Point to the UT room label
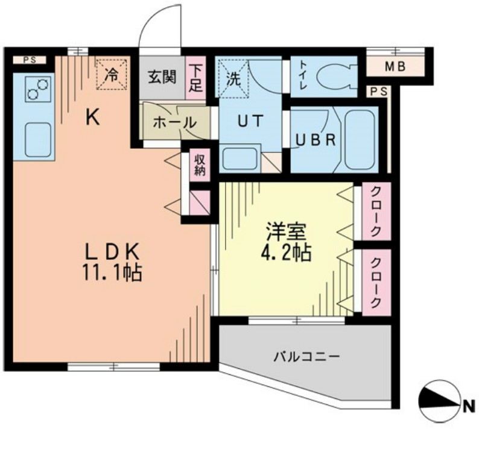click(250, 121)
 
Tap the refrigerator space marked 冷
click(112, 75)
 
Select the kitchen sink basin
click(37, 139)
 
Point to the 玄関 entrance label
click(162, 77)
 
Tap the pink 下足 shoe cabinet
click(195, 77)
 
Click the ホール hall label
click(174, 122)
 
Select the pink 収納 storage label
click(200, 165)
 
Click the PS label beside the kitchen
click(28, 60)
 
